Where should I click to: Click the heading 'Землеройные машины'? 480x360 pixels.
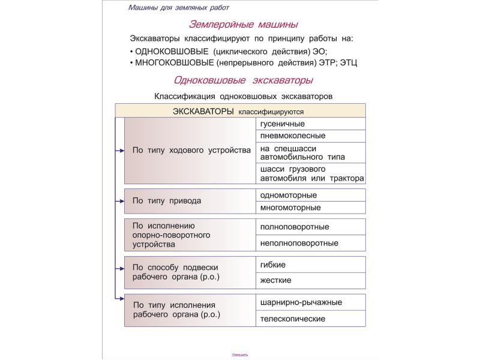(x=243, y=25)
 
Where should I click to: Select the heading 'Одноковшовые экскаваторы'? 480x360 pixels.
(x=243, y=80)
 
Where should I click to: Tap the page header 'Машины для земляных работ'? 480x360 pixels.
(x=178, y=8)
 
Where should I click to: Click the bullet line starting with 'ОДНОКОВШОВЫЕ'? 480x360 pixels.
(x=229, y=51)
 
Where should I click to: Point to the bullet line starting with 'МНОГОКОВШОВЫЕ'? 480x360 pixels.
(x=243, y=62)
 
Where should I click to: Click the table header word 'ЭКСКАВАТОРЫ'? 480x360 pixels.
(x=204, y=111)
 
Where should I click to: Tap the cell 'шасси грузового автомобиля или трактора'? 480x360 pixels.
(x=311, y=173)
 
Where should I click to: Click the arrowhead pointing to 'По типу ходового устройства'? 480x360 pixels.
(x=121, y=151)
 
